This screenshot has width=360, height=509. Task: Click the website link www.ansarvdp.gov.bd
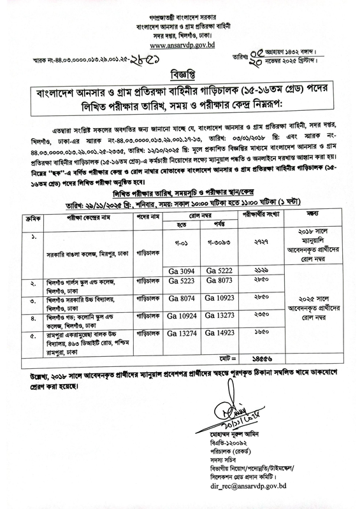tap(180, 46)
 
